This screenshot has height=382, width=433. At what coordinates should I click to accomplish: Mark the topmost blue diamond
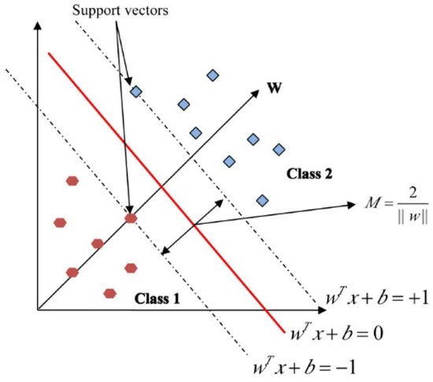pyautogui.click(x=212, y=75)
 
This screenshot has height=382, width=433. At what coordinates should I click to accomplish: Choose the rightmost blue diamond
pyautogui.click(x=278, y=149)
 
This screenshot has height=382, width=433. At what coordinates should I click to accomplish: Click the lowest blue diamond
pyautogui.click(x=261, y=200)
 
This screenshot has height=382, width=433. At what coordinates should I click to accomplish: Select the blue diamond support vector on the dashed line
pyautogui.click(x=135, y=92)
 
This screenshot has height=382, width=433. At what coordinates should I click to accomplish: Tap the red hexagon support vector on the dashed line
pyautogui.click(x=131, y=218)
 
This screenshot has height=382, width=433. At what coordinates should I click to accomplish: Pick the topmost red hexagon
pyautogui.click(x=72, y=181)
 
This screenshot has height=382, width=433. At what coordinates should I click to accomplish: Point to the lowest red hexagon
pyautogui.click(x=110, y=294)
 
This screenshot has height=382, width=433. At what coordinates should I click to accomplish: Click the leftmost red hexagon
pyautogui.click(x=60, y=222)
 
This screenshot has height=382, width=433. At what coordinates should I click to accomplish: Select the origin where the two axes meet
pyautogui.click(x=38, y=309)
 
